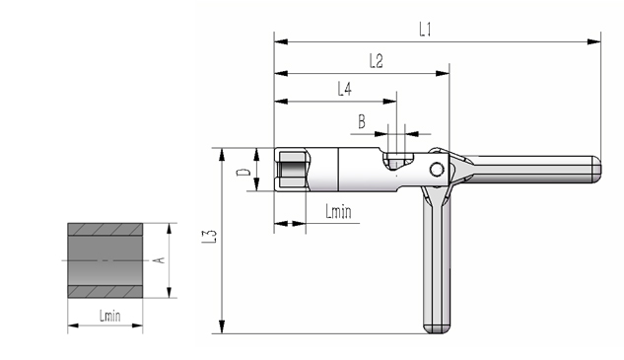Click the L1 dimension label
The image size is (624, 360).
pos(425,30)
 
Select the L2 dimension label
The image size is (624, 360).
pos(376,61)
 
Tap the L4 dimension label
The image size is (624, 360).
pos(345,89)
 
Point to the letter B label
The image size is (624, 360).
pos(362,121)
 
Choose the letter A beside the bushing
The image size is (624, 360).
pos(159,260)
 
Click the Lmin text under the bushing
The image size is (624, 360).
pos(109,316)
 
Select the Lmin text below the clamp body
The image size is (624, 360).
pos(338,211)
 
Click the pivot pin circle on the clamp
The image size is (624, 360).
pos(437,170)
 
